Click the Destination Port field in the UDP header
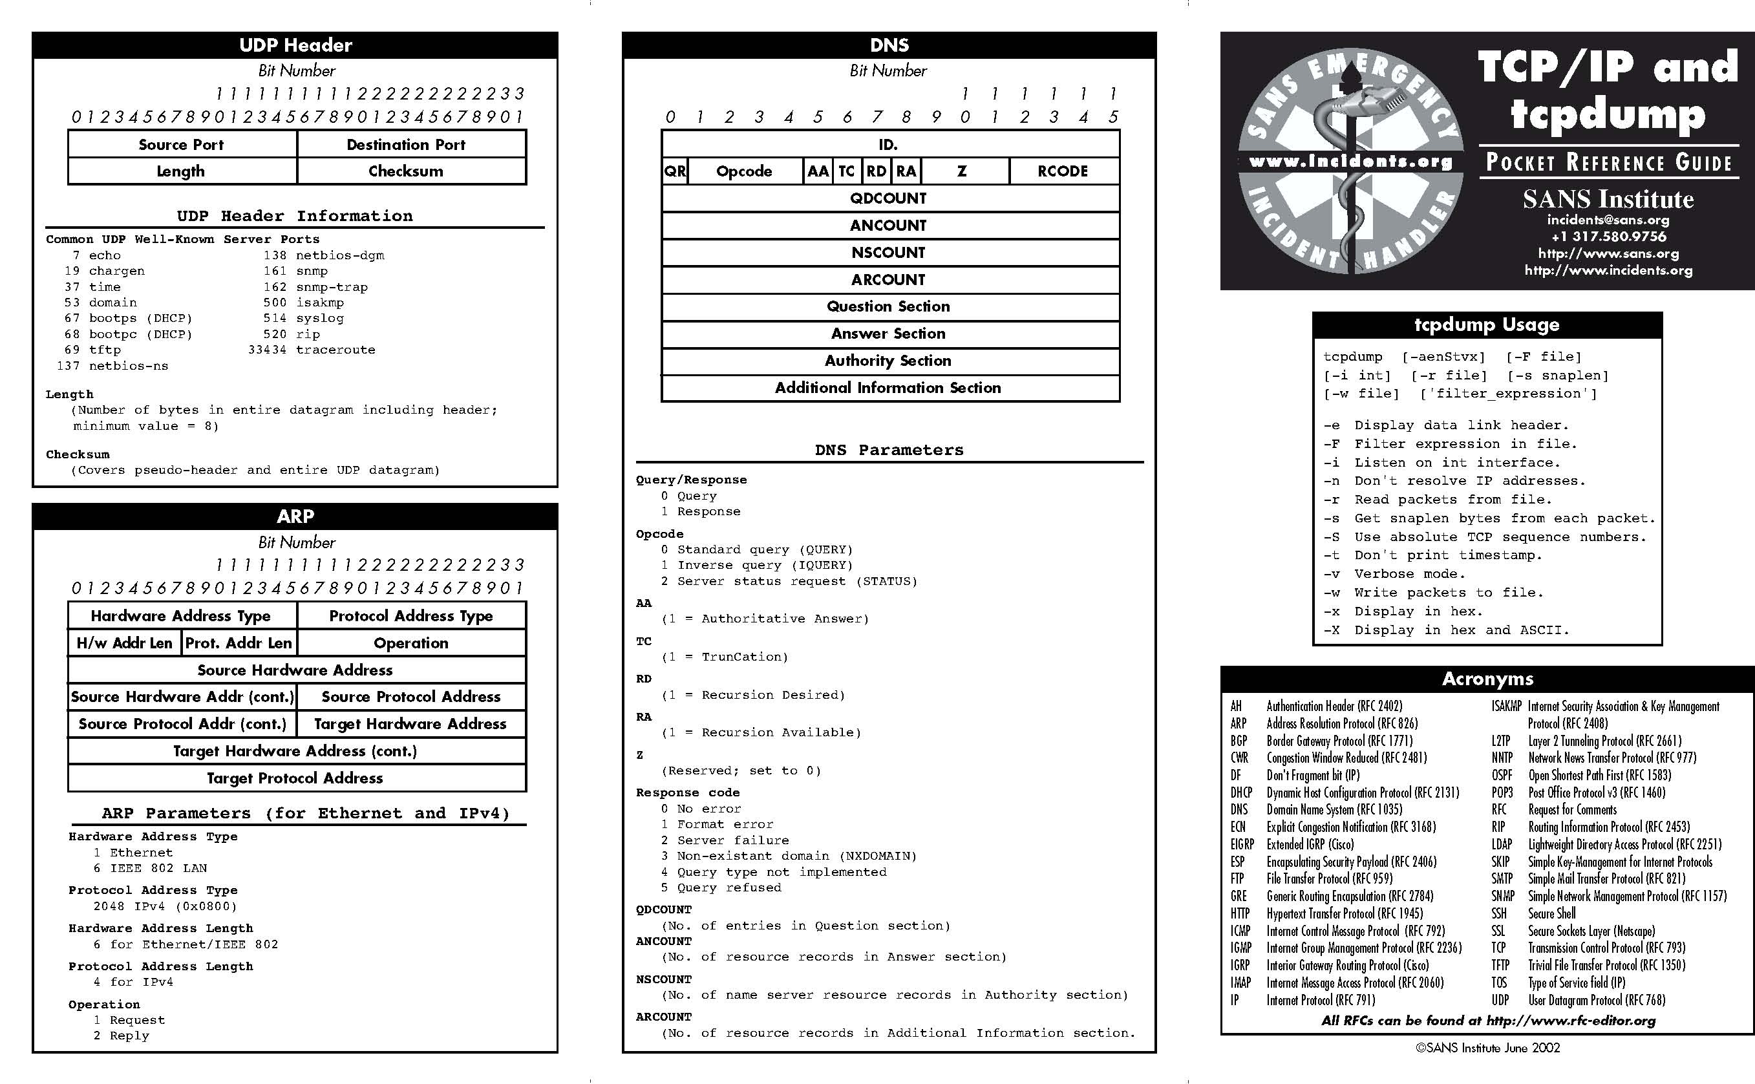pyautogui.click(x=406, y=145)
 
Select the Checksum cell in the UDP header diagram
pyautogui.click(x=406, y=171)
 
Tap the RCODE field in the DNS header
pyautogui.click(x=1063, y=171)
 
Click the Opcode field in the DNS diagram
pyautogui.click(x=744, y=171)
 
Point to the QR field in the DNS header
pyautogui.click(x=675, y=171)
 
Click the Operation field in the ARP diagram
pyautogui.click(x=410, y=643)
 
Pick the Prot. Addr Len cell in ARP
pyautogui.click(x=239, y=643)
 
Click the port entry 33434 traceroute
pyautogui.click(x=312, y=350)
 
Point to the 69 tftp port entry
pyautogui.click(x=92, y=350)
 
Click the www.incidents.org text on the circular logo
pyautogui.click(x=1350, y=162)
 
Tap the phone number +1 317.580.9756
pyautogui.click(x=1608, y=237)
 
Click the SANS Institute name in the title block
pyautogui.click(x=1608, y=199)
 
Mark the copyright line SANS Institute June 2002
pyautogui.click(x=1487, y=1047)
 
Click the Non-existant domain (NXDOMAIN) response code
pyautogui.click(x=789, y=856)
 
